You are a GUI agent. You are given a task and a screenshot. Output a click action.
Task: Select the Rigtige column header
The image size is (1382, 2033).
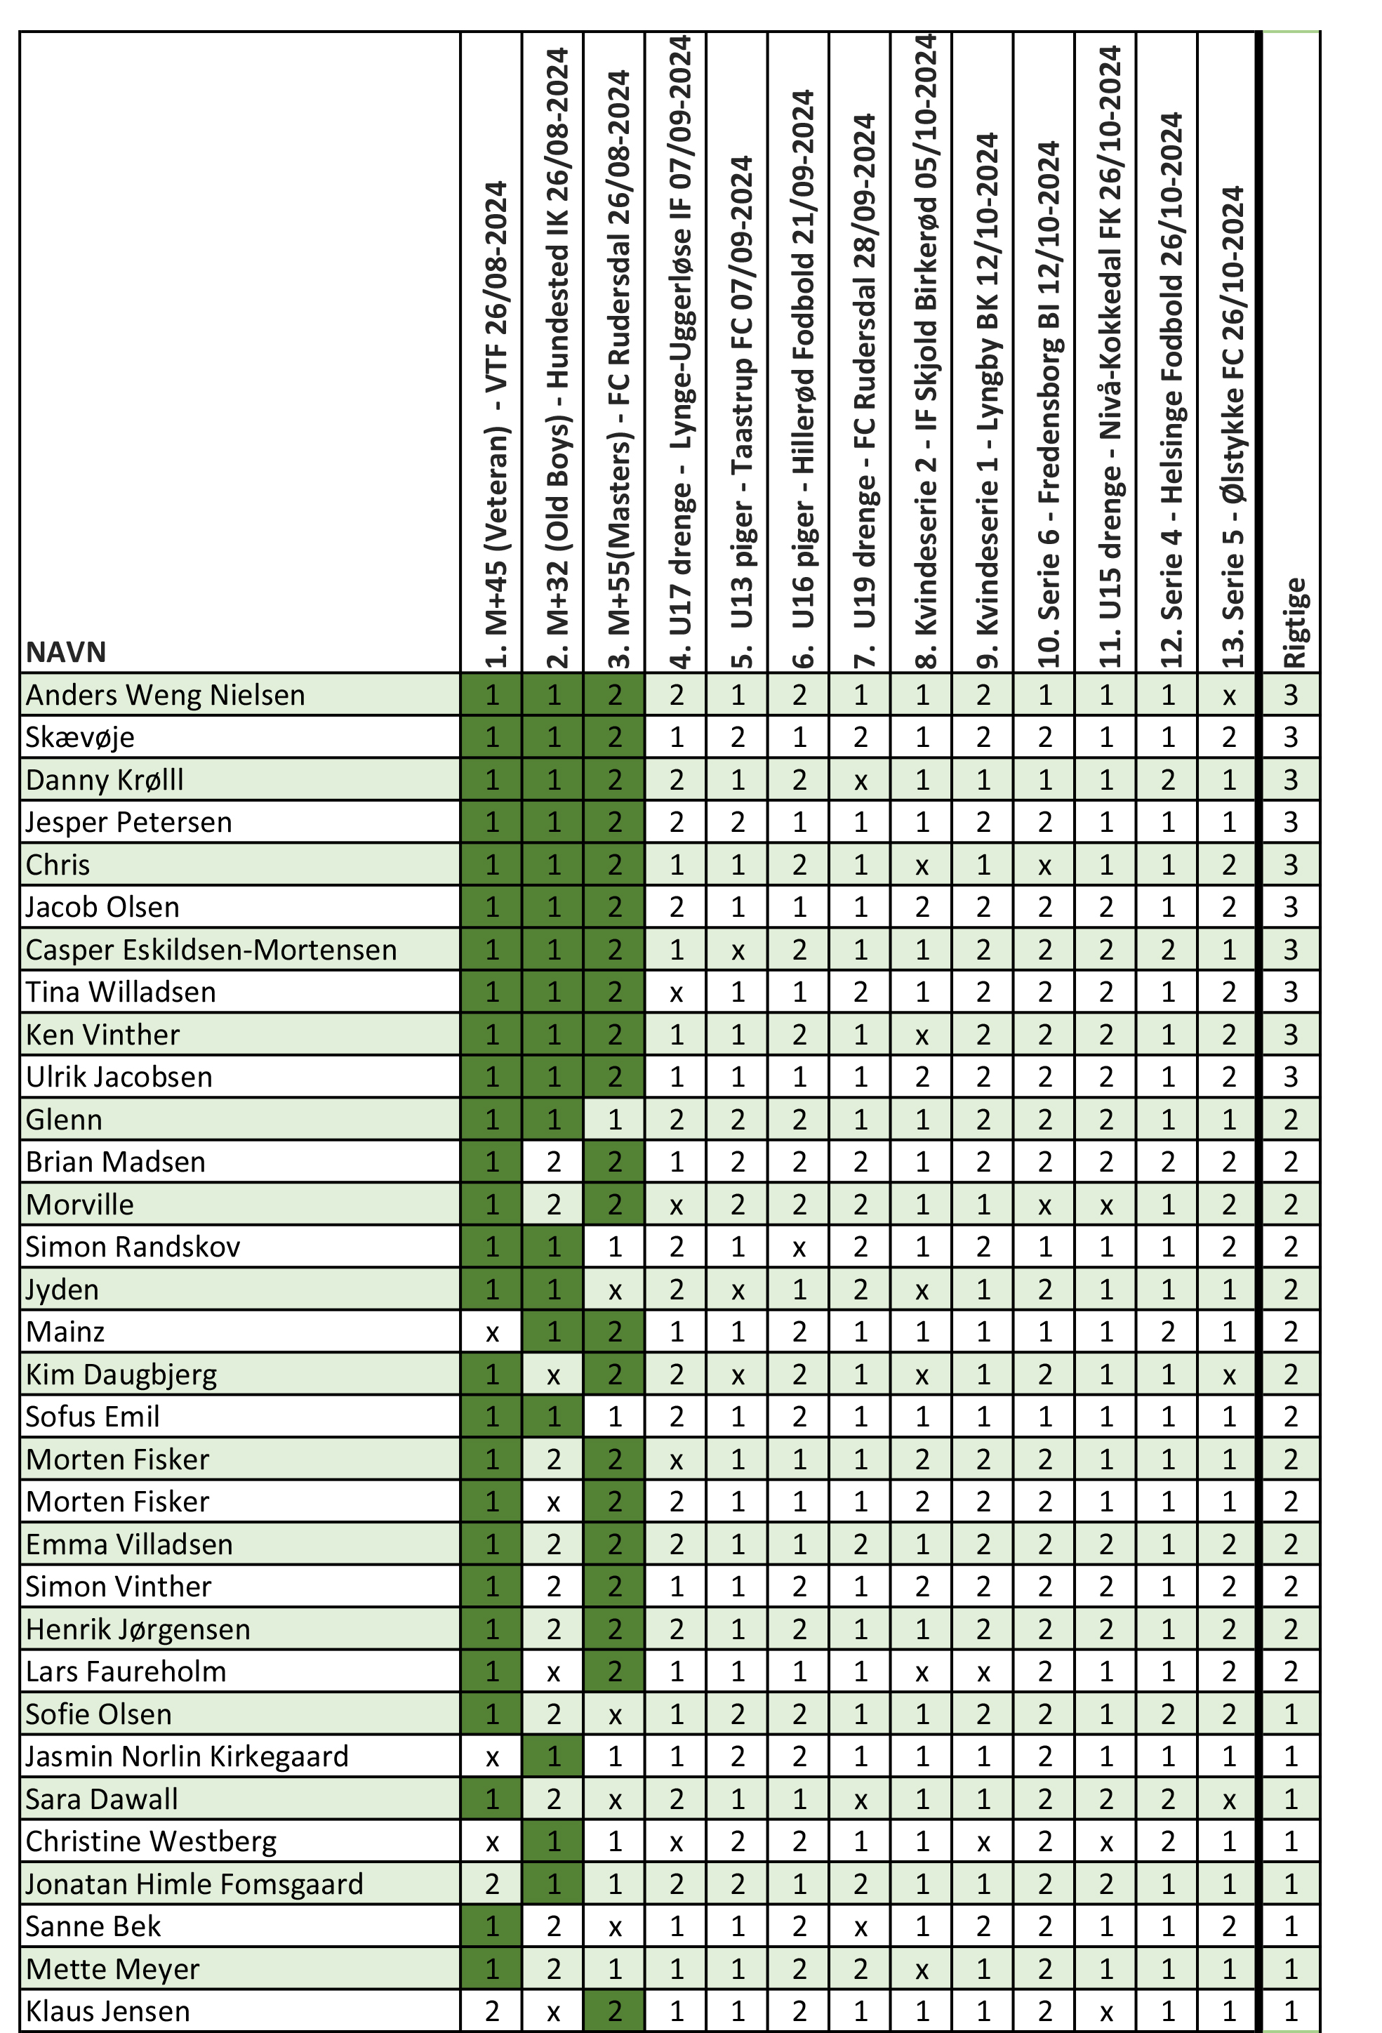pos(1293,623)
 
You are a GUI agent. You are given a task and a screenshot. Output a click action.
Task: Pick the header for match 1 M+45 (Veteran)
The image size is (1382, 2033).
pos(494,423)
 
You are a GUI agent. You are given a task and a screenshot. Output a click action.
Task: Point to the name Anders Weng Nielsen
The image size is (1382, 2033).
pos(166,694)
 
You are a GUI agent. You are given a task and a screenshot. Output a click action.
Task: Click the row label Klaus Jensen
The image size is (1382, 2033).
pos(107,2011)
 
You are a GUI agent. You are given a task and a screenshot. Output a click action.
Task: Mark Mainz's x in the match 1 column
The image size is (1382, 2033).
pos(493,1333)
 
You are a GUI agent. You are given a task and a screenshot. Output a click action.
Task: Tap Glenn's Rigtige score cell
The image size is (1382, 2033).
pos(1291,1120)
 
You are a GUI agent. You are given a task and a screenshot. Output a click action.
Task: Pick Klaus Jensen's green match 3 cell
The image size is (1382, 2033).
pos(615,2011)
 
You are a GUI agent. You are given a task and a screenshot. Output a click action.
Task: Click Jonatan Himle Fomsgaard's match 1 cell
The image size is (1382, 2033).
pos(493,1884)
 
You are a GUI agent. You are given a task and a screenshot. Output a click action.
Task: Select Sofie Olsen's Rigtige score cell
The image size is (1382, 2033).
pos(1291,1714)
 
